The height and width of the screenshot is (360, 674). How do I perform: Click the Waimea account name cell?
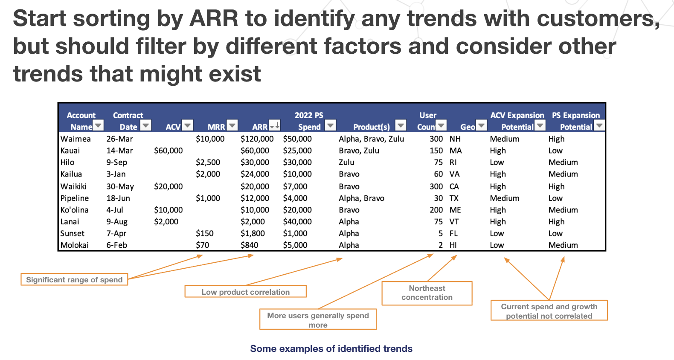point(76,139)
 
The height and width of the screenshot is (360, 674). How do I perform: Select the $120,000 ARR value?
point(257,139)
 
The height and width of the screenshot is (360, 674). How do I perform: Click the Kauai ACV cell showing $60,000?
point(168,151)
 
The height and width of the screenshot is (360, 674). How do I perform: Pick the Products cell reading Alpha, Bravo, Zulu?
point(371,139)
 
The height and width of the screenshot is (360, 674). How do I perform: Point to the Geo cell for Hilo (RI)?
point(453,163)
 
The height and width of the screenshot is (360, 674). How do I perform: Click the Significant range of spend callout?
point(74,279)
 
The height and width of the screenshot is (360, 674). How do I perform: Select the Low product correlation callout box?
point(245,292)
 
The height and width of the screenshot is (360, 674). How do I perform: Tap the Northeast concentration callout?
point(427,293)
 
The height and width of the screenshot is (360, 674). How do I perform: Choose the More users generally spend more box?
point(318,319)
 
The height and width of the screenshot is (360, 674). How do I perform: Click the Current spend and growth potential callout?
point(549,311)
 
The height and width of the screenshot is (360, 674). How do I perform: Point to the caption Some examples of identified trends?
point(331,348)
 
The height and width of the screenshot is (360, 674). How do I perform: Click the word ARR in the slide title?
point(214,19)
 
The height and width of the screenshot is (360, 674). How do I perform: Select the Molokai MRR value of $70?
point(202,245)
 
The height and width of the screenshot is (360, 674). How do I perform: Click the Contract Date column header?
point(128,121)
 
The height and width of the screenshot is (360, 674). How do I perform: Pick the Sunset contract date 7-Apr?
point(116,233)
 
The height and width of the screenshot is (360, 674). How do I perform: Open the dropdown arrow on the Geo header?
point(482,125)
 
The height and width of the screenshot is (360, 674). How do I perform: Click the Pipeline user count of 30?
point(438,198)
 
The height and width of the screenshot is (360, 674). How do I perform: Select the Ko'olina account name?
point(74,210)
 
